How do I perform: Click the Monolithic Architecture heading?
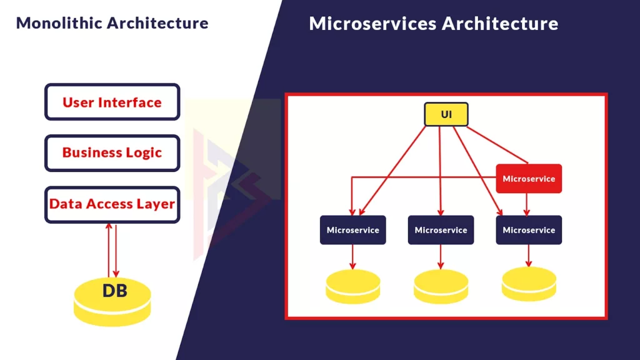click(112, 23)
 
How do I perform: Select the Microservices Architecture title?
click(433, 24)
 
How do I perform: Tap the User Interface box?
click(112, 102)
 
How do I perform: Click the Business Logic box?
click(112, 153)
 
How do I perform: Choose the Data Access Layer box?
click(112, 204)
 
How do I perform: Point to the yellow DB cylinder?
click(112, 299)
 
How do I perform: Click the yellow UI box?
click(446, 114)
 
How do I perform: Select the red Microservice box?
click(529, 179)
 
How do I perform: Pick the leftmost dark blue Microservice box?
click(353, 230)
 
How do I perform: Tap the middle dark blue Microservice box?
click(441, 230)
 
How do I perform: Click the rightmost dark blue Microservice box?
click(529, 230)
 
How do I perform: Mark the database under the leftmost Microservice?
click(353, 287)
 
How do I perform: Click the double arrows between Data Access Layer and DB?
click(112, 250)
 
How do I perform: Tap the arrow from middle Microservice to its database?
click(441, 256)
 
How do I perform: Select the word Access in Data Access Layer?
click(115, 204)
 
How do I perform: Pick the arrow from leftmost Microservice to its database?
click(353, 256)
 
